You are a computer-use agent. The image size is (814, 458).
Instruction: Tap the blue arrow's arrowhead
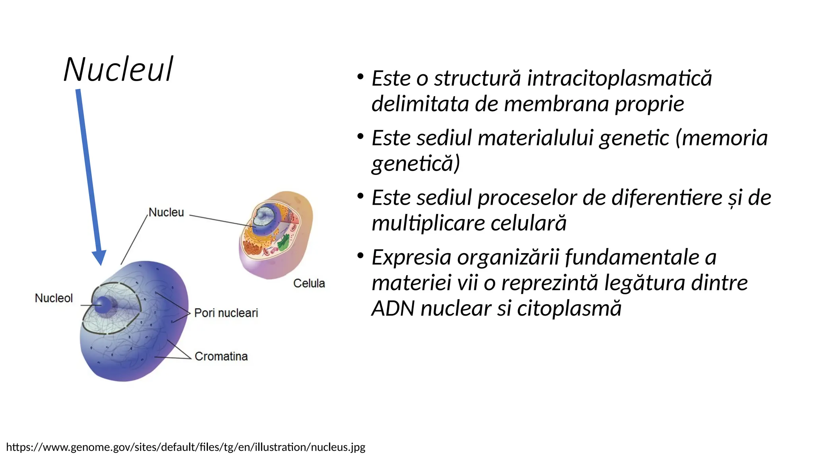tap(99, 257)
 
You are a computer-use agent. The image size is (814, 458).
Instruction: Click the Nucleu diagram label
tap(166, 212)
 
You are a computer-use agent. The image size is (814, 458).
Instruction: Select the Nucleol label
tap(54, 298)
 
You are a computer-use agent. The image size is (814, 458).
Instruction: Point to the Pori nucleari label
tap(226, 313)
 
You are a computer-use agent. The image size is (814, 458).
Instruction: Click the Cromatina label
tap(221, 356)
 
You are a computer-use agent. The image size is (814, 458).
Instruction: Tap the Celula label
tap(309, 283)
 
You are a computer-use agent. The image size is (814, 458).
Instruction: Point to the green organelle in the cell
tap(283, 243)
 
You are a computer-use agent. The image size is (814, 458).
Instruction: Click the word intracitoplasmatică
tap(619, 78)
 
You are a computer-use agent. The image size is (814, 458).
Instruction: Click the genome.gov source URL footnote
tap(186, 447)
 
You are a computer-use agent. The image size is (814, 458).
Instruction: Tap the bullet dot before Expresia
tap(360, 255)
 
